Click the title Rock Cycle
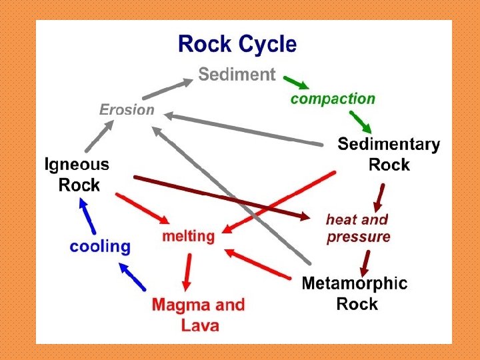pyautogui.click(x=237, y=45)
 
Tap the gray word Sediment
pyautogui.click(x=237, y=75)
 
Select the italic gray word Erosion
pyautogui.click(x=127, y=109)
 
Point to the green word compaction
pyautogui.click(x=333, y=99)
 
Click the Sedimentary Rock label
pyautogui.click(x=389, y=154)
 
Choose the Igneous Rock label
pyautogui.click(x=77, y=174)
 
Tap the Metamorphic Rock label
pyautogui.click(x=355, y=293)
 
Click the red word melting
pyautogui.click(x=189, y=236)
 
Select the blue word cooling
pyautogui.click(x=100, y=246)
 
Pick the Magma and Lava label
pyautogui.click(x=199, y=315)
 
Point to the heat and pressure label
pyautogui.click(x=358, y=228)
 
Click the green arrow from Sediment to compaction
pyautogui.click(x=296, y=83)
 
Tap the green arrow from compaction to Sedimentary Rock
pyautogui.click(x=361, y=121)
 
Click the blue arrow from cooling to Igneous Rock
pyautogui.click(x=85, y=214)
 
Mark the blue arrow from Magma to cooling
pyautogui.click(x=132, y=276)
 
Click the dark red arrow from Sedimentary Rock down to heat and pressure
pyautogui.click(x=379, y=196)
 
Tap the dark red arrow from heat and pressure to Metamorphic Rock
pyautogui.click(x=365, y=263)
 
